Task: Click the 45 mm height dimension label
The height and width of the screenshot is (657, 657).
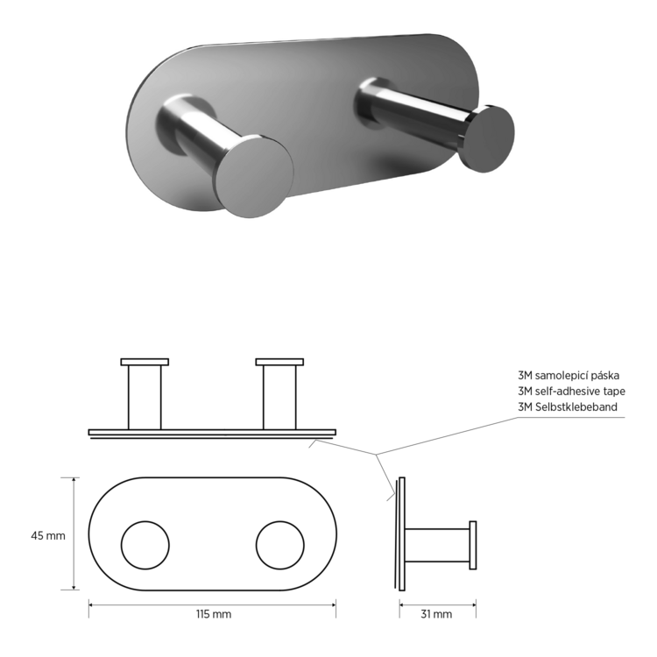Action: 48,535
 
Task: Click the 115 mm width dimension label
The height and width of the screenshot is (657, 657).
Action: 214,614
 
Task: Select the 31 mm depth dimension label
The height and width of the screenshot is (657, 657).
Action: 436,614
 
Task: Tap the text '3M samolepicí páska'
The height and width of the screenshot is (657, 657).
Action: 569,376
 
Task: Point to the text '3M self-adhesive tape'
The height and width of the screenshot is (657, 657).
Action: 571,392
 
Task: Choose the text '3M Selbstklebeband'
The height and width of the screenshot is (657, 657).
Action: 568,406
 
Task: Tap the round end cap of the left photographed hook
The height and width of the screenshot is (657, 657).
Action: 254,176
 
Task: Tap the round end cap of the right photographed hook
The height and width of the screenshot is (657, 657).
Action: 487,138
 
